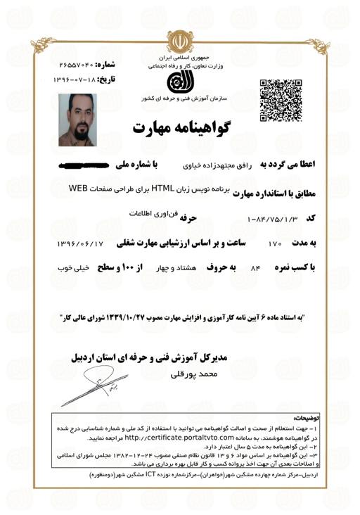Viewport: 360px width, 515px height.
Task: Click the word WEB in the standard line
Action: click(x=82, y=190)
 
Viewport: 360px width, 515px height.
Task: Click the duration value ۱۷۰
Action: click(x=274, y=244)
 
